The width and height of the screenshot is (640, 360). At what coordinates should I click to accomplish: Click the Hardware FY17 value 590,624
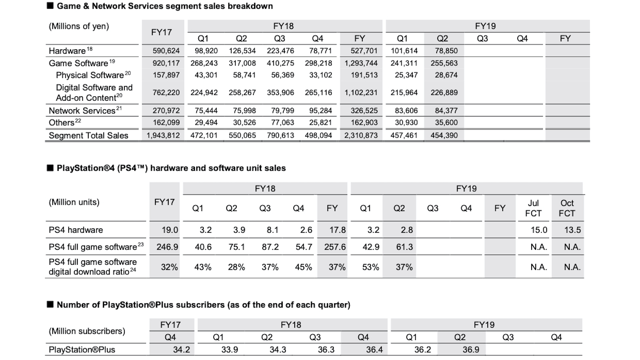(166, 51)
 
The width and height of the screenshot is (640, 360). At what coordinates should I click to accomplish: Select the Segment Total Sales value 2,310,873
(361, 136)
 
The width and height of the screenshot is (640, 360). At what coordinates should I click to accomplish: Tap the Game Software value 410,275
(280, 63)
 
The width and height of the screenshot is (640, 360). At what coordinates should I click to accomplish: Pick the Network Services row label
(82, 111)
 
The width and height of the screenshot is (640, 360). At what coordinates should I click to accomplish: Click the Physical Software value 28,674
(446, 75)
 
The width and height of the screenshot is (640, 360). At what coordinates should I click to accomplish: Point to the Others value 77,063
(282, 123)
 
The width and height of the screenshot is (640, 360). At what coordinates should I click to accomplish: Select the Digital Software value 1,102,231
(361, 93)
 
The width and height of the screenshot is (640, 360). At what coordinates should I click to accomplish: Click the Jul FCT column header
(533, 208)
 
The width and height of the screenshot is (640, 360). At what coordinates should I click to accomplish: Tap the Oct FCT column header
(567, 208)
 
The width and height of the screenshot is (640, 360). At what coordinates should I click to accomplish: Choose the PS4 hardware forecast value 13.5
(572, 230)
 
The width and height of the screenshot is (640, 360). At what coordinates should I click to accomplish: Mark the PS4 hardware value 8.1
(272, 230)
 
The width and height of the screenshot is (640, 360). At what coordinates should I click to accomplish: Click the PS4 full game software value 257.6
(335, 247)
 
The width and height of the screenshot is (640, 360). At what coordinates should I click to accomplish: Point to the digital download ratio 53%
(371, 267)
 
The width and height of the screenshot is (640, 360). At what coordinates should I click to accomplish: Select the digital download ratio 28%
(236, 267)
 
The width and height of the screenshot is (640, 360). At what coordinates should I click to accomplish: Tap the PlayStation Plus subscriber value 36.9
(471, 350)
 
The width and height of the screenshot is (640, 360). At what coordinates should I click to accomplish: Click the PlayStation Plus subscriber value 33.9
(229, 350)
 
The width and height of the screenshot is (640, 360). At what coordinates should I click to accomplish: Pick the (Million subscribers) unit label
(87, 331)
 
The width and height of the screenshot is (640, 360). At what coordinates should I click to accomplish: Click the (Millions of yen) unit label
(79, 26)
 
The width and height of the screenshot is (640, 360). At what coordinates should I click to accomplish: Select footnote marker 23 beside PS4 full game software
(141, 244)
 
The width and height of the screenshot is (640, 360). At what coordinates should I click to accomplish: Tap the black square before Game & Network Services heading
(50, 6)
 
